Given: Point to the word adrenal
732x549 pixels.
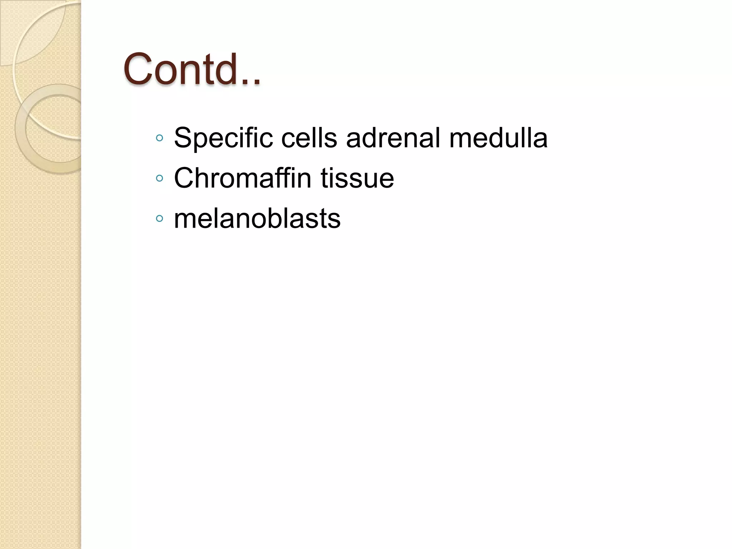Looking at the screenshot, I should [393, 138].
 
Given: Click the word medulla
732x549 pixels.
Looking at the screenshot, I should [498, 138].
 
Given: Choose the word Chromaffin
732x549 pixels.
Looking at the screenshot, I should [242, 178].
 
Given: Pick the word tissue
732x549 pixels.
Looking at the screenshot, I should [357, 178].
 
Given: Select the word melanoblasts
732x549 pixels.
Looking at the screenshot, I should [257, 218].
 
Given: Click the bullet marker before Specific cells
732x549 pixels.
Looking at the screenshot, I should [160, 138].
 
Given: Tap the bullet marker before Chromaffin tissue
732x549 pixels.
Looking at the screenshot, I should [160, 178].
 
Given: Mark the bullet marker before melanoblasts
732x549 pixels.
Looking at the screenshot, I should [160, 218].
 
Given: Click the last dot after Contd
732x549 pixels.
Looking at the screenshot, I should [256, 83].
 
